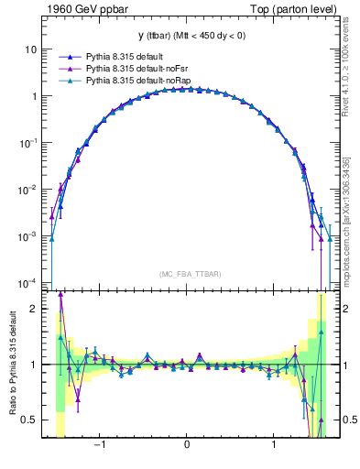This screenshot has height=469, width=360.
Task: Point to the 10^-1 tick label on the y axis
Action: (28, 142)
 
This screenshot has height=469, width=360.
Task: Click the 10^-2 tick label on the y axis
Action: (28, 189)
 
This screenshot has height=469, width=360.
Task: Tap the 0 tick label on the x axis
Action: (187, 446)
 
